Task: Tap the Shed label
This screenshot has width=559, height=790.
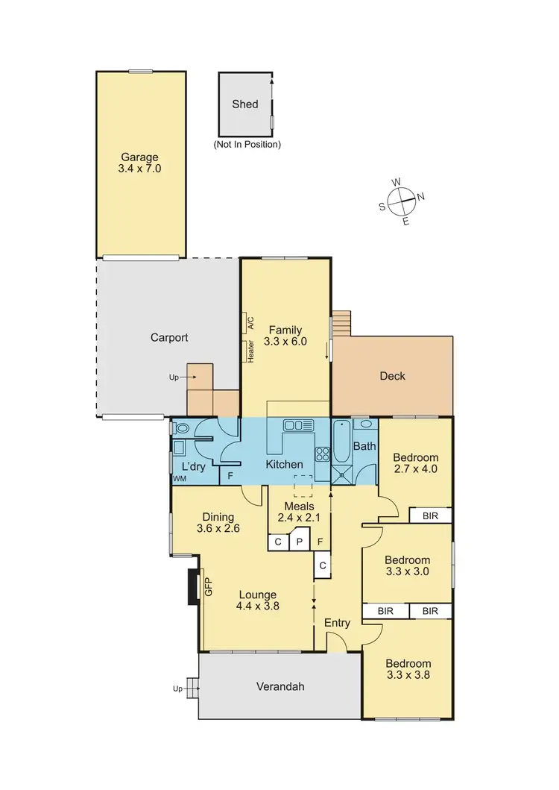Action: (245, 104)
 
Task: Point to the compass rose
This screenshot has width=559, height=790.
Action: (403, 200)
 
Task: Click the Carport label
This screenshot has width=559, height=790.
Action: (168, 337)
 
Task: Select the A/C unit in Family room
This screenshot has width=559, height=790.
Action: (250, 323)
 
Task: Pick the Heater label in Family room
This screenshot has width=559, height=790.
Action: (250, 351)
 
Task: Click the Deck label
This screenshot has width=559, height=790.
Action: (392, 376)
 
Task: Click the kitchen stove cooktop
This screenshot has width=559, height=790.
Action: (323, 454)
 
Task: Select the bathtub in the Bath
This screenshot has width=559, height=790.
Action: (341, 442)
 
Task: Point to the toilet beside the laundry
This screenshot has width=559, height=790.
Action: (181, 428)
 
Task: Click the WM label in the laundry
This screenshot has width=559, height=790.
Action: (179, 478)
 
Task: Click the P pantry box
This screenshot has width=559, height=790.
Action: (299, 542)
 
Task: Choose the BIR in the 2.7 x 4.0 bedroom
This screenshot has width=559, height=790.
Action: (430, 515)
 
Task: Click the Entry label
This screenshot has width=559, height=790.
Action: (337, 623)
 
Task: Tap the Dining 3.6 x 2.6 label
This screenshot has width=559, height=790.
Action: (218, 523)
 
